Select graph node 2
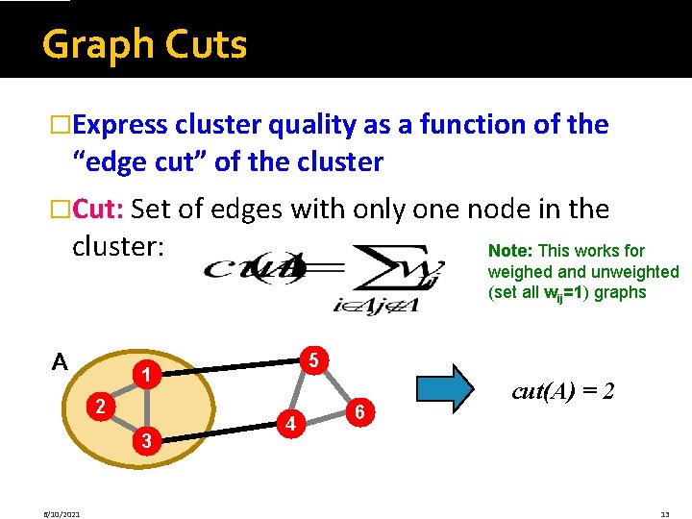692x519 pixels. coord(98,406)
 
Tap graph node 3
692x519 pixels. coord(145,440)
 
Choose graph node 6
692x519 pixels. coord(358,411)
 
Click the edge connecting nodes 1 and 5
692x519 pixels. coord(229,367)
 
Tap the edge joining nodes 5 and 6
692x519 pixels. coord(336,386)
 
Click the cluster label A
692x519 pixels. coord(60,362)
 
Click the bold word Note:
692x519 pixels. coord(511,251)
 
